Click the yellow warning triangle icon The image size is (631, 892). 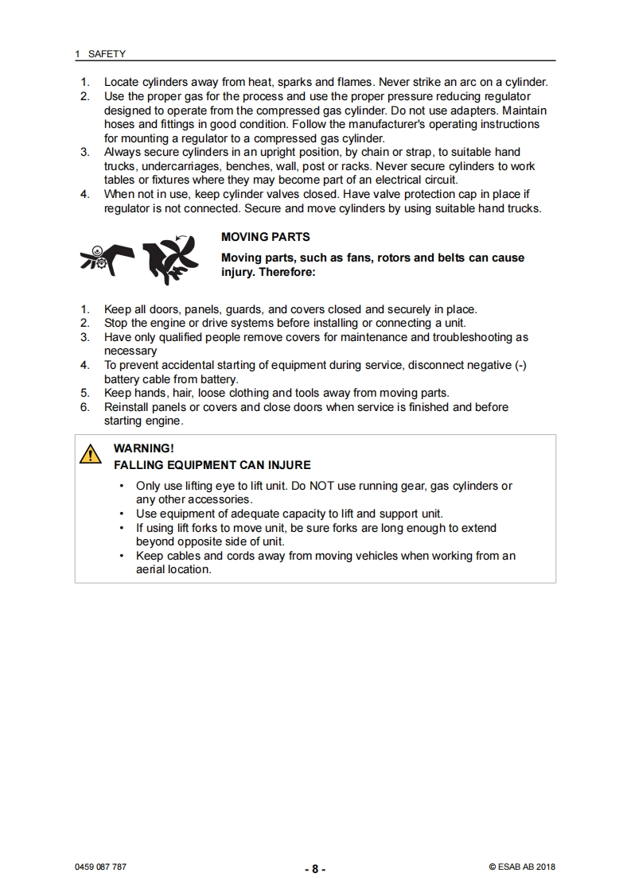click(90, 454)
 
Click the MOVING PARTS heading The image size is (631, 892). click(265, 237)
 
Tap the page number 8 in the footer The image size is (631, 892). click(315, 869)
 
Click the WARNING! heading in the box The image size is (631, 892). click(144, 448)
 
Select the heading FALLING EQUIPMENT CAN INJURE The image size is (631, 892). click(212, 464)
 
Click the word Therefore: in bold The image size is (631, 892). click(284, 272)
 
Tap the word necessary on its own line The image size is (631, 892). click(130, 351)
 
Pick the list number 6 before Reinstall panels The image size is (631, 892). click(85, 407)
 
